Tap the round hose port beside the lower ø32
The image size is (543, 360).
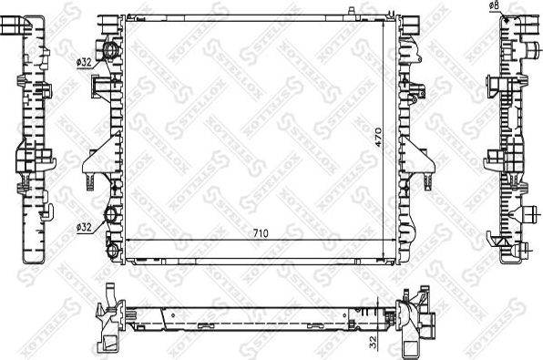click(x=111, y=216)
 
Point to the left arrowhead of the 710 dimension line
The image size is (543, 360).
click(x=128, y=240)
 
